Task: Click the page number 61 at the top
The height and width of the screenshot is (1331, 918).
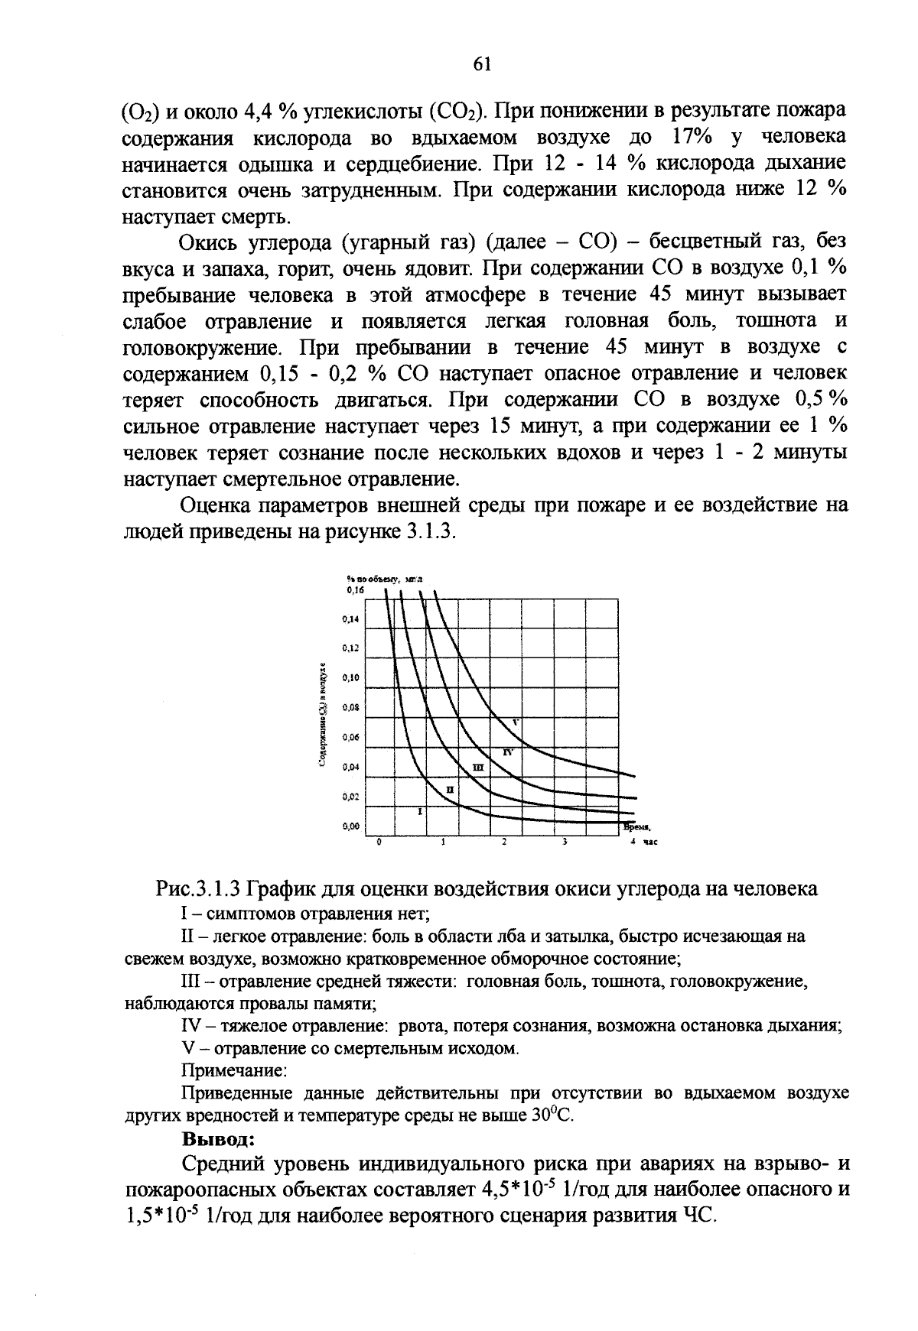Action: (x=481, y=64)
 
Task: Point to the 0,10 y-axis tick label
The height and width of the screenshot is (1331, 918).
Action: (x=351, y=678)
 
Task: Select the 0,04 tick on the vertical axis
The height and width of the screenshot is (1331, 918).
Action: (x=351, y=767)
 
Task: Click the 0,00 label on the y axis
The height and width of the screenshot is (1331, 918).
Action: (x=351, y=826)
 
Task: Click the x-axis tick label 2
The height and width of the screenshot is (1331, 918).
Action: (x=504, y=842)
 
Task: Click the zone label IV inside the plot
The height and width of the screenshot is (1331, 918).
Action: (x=506, y=752)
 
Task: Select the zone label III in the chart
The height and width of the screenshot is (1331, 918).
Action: (x=478, y=767)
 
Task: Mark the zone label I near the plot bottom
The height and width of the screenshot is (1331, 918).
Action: (x=420, y=811)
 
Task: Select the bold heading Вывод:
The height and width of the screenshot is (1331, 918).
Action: (x=216, y=1139)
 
